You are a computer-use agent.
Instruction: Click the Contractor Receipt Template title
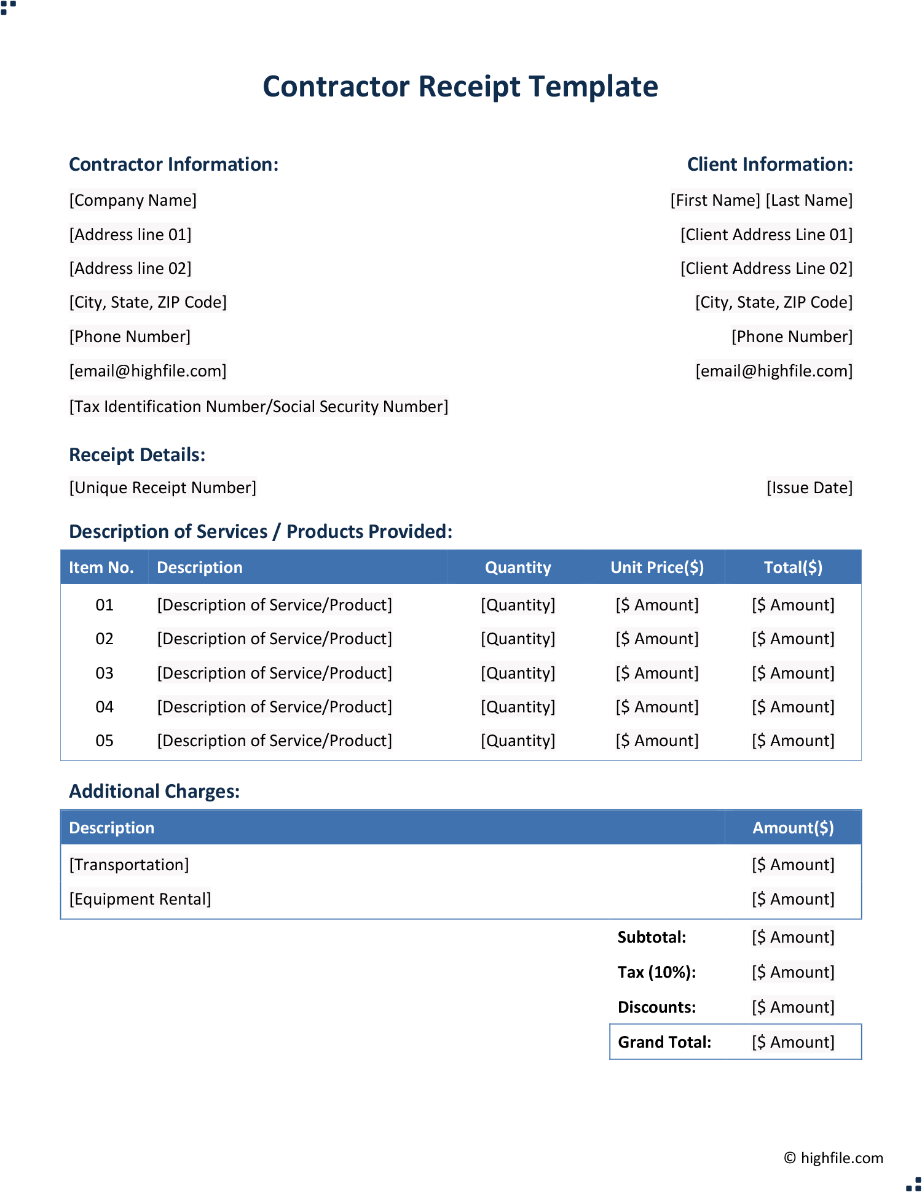click(460, 87)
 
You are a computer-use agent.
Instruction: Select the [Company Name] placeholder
click(133, 200)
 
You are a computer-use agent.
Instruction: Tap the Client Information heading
click(770, 165)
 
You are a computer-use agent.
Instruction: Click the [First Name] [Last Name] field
click(761, 200)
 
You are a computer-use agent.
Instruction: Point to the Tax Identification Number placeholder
click(259, 407)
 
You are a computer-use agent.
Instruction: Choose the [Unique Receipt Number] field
click(162, 488)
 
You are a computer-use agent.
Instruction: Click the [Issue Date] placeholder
click(809, 488)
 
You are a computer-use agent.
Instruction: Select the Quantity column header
click(518, 567)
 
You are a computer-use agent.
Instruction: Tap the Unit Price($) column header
click(657, 567)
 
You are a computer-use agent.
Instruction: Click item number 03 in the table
click(104, 673)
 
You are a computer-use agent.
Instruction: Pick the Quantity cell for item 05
click(518, 741)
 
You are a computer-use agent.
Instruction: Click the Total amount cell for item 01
click(793, 605)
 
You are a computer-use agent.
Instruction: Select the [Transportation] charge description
click(129, 865)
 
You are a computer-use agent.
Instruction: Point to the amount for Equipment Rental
click(793, 899)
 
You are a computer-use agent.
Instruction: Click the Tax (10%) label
click(656, 972)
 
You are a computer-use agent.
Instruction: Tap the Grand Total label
click(664, 1042)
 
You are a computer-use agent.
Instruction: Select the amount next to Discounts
click(793, 1007)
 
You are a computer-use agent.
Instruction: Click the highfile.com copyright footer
click(833, 1158)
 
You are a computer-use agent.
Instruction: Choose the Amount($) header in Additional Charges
click(793, 828)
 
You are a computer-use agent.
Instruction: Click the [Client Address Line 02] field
click(766, 268)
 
